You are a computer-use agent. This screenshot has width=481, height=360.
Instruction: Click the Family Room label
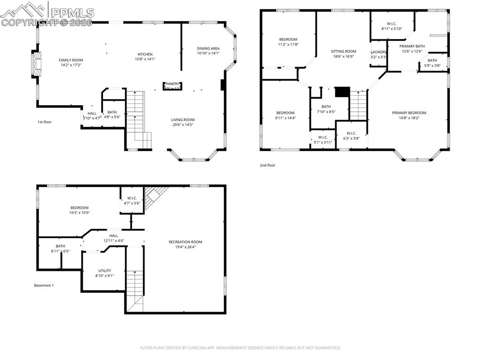pyautogui.click(x=70, y=60)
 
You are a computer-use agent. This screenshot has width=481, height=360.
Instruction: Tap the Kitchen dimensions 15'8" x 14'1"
pyautogui.click(x=145, y=59)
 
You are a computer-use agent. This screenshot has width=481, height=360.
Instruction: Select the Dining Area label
pyautogui.click(x=208, y=48)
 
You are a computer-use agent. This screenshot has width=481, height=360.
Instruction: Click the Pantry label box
pyautogui.click(x=172, y=85)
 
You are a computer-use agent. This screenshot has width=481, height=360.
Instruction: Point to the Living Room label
pyautogui.click(x=183, y=120)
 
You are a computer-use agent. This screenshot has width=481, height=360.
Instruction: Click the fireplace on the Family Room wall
pyautogui.click(x=36, y=63)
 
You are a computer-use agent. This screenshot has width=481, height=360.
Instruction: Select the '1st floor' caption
pyautogui.click(x=45, y=122)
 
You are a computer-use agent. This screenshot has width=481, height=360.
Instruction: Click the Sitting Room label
pyautogui.click(x=343, y=51)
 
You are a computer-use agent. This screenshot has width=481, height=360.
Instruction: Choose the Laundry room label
pyautogui.click(x=379, y=52)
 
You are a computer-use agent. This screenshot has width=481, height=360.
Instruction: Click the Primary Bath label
pyautogui.click(x=412, y=46)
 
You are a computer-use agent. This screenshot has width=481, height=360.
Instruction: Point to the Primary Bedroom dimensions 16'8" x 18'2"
pyautogui.click(x=409, y=118)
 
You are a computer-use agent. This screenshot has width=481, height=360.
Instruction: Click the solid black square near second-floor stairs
pyautogui.click(x=342, y=92)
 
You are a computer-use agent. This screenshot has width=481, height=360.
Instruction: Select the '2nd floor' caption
pyautogui.click(x=268, y=165)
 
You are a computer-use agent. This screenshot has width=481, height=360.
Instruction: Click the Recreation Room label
pyautogui.click(x=185, y=242)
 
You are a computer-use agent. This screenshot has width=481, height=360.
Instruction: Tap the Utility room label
pyautogui.click(x=104, y=270)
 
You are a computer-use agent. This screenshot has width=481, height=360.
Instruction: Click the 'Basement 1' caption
pyautogui.click(x=44, y=285)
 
